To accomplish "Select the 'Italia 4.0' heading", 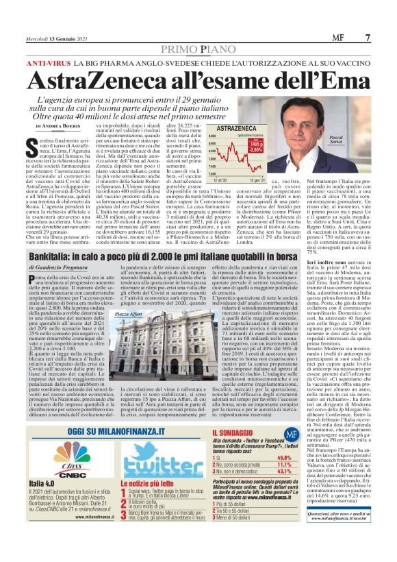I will pyautogui.click(x=42, y=485).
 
